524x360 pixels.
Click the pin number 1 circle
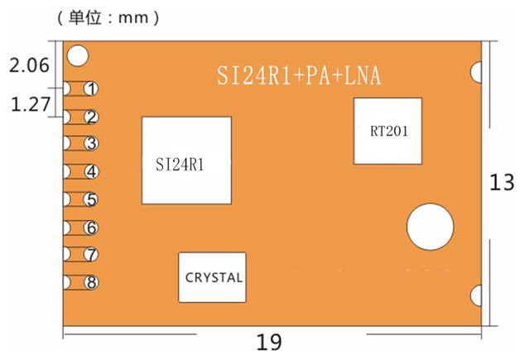[91, 89]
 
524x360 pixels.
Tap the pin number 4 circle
[92, 171]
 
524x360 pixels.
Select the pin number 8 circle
[92, 282]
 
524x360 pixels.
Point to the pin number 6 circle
[92, 228]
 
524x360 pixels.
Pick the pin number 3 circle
[91, 144]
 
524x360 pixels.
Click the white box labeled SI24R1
[187, 161]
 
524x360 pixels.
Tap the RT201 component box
[388, 131]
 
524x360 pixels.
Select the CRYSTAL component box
[213, 277]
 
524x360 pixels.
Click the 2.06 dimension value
[30, 65]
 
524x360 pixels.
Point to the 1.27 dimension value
[31, 104]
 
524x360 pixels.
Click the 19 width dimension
[269, 343]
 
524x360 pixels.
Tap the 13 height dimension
[502, 182]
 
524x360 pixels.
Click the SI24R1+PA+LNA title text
[299, 75]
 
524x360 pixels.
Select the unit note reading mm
[108, 17]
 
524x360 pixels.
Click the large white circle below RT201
[430, 227]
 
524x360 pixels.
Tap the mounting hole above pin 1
[78, 55]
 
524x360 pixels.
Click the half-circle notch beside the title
[477, 72]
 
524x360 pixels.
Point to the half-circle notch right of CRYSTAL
[477, 295]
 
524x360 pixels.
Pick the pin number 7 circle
[91, 254]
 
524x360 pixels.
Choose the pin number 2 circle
[92, 118]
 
